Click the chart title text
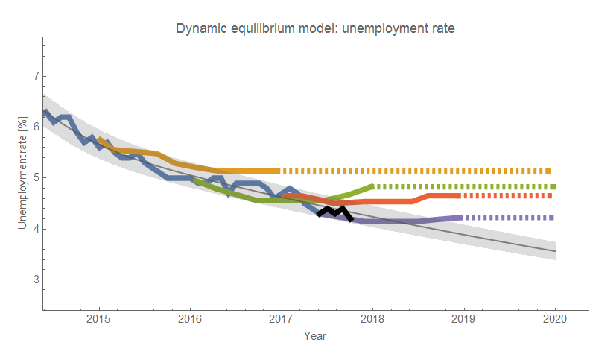click(x=315, y=28)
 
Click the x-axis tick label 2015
click(x=98, y=319)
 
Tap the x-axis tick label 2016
click(x=190, y=319)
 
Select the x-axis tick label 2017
click(x=281, y=319)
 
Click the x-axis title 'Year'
click(x=314, y=336)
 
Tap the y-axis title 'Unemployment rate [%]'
click(x=23, y=171)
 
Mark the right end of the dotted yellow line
click(x=552, y=171)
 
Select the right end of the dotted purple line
click(x=552, y=218)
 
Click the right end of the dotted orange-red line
click(x=552, y=196)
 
